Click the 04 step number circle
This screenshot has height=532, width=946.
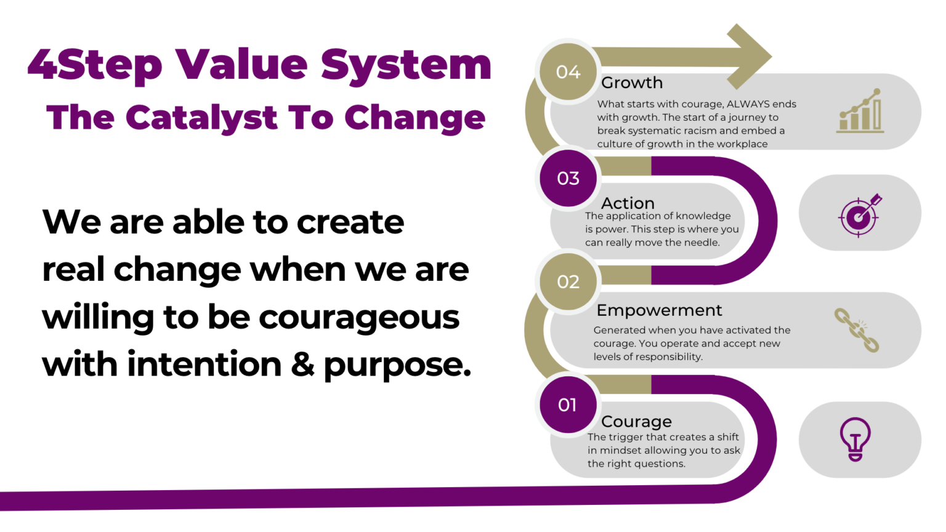pos(568,72)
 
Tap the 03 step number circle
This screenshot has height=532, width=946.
pos(568,178)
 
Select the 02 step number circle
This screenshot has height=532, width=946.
pos(568,281)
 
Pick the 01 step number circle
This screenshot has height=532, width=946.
pos(568,405)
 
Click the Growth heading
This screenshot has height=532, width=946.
pos(632,83)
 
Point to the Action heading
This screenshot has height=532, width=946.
pos(628,203)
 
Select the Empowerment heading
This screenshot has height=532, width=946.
pos(659,310)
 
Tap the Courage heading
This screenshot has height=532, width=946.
pos(636,421)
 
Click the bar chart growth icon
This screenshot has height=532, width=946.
pos(860,111)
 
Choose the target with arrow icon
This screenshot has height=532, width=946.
pos(860,214)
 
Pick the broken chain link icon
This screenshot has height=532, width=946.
pos(857,330)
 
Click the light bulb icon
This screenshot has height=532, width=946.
pos(855,439)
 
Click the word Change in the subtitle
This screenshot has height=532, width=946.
pos(415,117)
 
